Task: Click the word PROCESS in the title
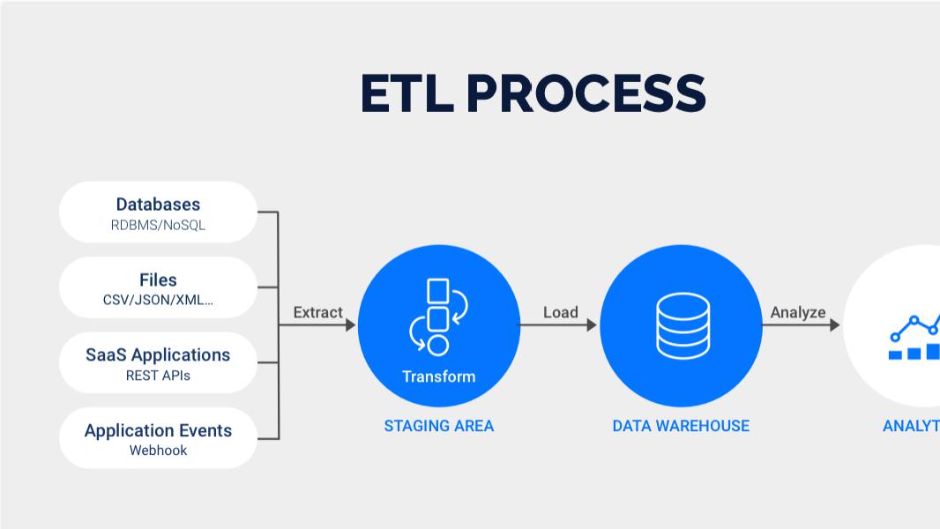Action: [x=586, y=93]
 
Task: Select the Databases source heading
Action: [x=158, y=205]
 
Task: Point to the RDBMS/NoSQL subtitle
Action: [x=158, y=225]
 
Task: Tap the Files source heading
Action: [x=158, y=279]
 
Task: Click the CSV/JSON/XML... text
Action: [x=158, y=300]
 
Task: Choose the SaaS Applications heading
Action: [x=158, y=354]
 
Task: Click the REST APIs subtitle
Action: [x=158, y=376]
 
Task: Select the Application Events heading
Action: [x=158, y=430]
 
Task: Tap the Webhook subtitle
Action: [x=158, y=451]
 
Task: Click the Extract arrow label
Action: [x=317, y=312]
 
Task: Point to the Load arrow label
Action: [x=560, y=312]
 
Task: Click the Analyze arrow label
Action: [x=798, y=312]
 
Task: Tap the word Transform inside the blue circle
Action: [x=438, y=376]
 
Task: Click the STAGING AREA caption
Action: [x=438, y=426]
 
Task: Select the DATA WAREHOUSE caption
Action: [x=681, y=426]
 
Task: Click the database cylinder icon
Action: [x=683, y=325]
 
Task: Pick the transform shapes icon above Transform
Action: [x=438, y=316]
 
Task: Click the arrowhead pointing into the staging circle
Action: [x=350, y=325]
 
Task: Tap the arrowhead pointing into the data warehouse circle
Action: [x=592, y=325]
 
